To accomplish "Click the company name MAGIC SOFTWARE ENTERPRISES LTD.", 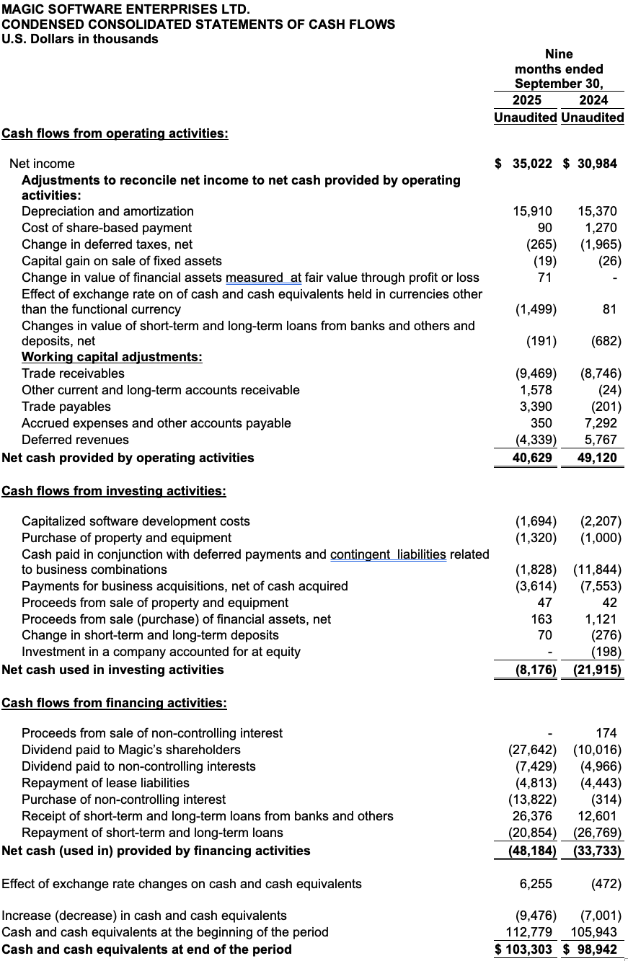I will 126,9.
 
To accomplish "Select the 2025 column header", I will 527,100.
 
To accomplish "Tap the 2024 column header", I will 593,100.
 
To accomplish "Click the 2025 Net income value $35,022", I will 525,164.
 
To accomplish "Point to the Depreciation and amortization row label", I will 107,211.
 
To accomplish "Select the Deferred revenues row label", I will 75,440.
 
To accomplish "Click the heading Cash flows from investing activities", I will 114,491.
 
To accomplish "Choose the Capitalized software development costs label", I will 136,521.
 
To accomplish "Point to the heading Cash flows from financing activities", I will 114,703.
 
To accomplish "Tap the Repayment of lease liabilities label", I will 105,783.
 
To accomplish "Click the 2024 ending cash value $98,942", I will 591,949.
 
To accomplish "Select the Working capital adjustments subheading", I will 112,357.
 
